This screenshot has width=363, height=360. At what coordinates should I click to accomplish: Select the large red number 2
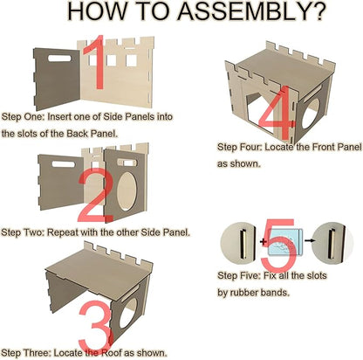click(95, 194)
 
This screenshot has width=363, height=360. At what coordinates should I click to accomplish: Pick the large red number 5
click(278, 246)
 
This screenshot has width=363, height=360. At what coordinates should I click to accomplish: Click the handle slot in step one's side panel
click(59, 59)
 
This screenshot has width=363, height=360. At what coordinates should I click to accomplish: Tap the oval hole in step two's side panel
click(127, 190)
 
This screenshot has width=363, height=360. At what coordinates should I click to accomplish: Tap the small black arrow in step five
click(310, 240)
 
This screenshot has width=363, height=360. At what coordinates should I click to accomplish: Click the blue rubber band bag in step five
click(285, 242)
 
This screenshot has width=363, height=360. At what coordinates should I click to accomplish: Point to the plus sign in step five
click(264, 241)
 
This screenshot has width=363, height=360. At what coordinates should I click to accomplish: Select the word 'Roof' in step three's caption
click(111, 353)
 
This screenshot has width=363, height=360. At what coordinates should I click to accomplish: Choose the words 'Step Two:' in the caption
click(23, 232)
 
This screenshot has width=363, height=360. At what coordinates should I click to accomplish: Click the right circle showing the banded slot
click(332, 242)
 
